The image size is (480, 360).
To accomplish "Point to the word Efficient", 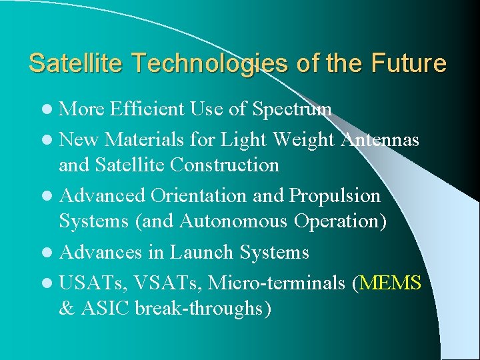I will pyautogui.click(x=147, y=109).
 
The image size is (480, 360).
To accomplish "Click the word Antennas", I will pyautogui.click(x=380, y=139).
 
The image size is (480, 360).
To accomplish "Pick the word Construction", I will pyautogui.click(x=224, y=164).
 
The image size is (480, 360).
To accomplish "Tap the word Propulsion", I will pyautogui.click(x=334, y=196).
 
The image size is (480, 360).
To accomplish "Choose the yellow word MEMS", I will pyautogui.click(x=390, y=283).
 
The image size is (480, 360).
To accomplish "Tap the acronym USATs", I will pyautogui.click(x=93, y=283).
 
